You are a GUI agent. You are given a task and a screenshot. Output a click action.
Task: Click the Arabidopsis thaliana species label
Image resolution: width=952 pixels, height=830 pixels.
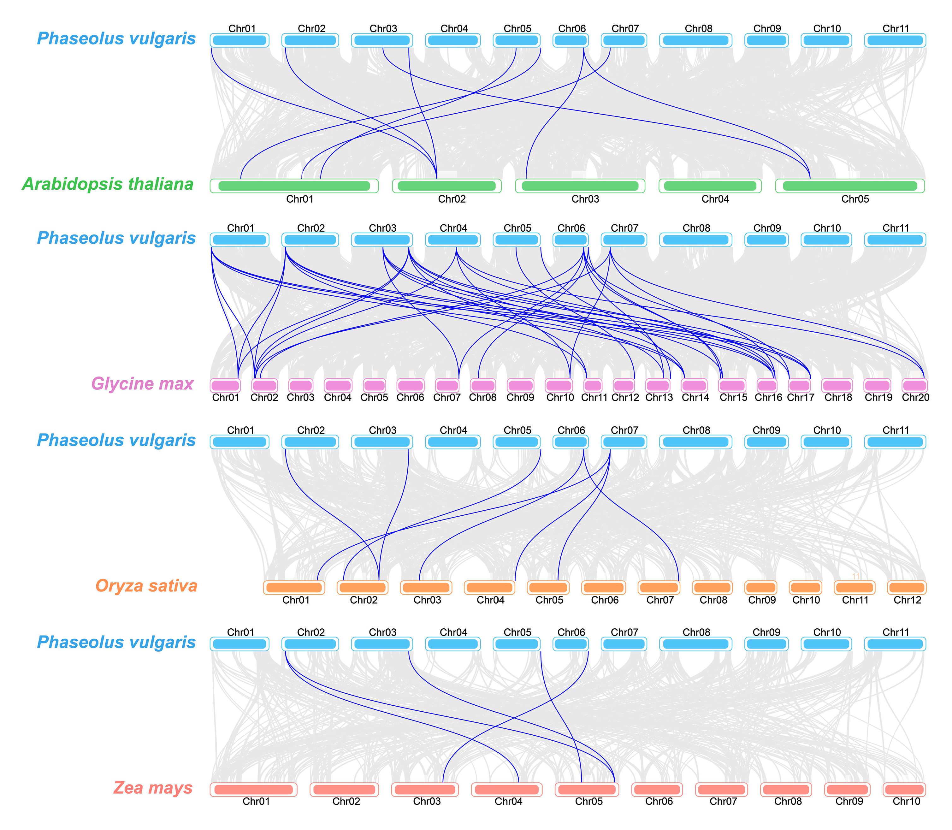point(108,184)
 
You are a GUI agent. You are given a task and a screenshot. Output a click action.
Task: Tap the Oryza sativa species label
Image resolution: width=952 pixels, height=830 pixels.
point(146,586)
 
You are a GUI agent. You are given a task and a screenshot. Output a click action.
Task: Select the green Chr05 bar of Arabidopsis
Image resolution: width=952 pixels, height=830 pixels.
point(850,186)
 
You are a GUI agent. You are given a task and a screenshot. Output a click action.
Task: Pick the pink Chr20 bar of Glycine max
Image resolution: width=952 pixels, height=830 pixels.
point(914,385)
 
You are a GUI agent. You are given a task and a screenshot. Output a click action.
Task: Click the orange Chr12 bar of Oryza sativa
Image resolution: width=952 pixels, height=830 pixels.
point(907,587)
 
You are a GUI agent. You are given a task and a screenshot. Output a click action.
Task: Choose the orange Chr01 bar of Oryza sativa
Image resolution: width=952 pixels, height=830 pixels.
point(294,587)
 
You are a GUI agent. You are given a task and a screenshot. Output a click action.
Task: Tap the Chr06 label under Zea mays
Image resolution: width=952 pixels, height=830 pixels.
point(659,802)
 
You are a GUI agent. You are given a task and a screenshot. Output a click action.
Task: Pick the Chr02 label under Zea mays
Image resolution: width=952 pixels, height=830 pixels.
point(346,802)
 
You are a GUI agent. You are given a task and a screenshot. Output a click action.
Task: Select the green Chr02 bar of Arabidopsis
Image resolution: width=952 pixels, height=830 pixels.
point(447,186)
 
